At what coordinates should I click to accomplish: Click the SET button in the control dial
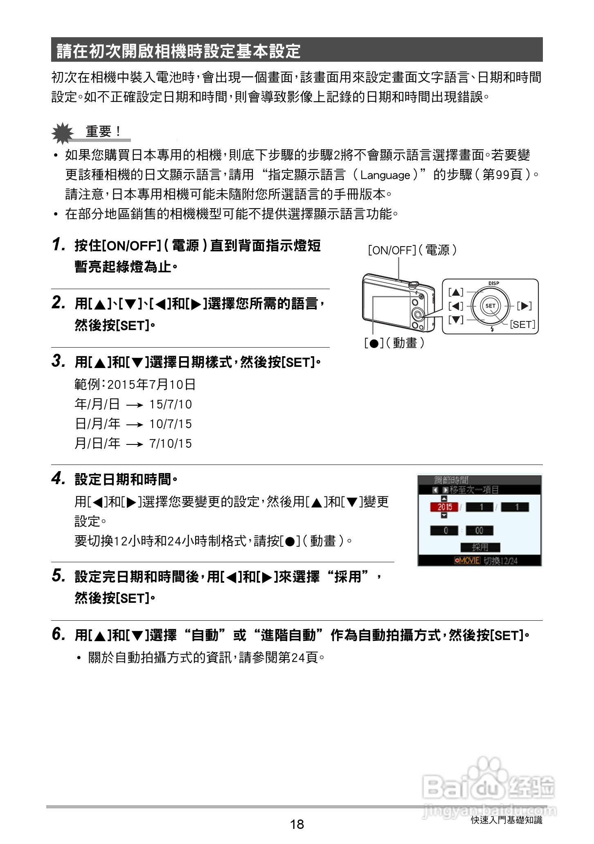490,305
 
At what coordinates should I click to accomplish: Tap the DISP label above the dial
493,283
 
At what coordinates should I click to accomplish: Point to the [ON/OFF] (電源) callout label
412,250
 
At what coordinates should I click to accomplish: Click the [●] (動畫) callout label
394,343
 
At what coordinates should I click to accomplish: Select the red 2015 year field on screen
444,507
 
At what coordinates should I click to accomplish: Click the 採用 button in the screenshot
480,547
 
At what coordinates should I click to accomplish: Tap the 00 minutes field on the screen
479,530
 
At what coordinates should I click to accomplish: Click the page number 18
297,824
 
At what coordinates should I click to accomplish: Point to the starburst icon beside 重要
62,133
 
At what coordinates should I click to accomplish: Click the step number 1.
59,245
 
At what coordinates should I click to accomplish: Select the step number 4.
59,478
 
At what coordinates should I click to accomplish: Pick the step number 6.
59,634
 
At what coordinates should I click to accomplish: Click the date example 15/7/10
171,404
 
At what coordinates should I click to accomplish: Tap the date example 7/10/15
171,444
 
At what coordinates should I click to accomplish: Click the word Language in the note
385,175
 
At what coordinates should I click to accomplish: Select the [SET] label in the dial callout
522,324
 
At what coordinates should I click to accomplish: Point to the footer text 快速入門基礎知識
506,820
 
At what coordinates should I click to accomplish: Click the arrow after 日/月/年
135,425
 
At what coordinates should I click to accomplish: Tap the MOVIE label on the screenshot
467,561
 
